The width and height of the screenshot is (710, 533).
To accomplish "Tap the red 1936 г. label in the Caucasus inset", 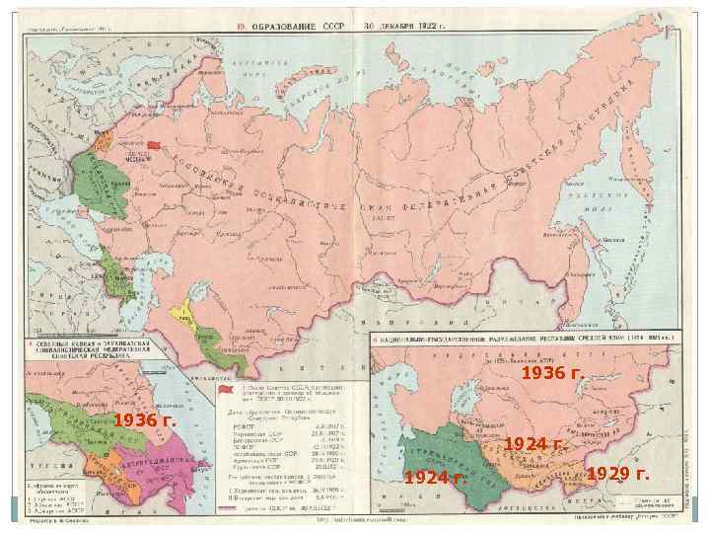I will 144,421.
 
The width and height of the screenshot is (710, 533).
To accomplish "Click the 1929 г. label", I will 617,474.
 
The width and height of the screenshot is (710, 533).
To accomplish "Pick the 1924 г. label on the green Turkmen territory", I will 435,478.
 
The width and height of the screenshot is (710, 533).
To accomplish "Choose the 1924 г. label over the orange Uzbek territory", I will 533,444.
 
